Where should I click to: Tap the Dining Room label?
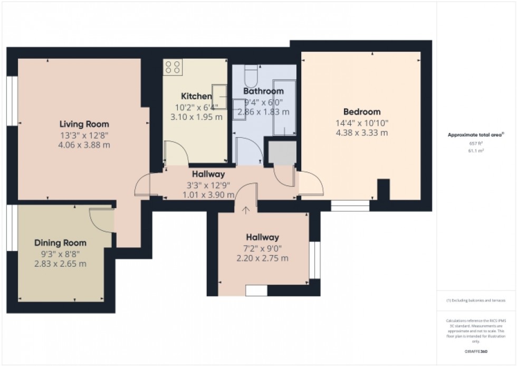click(x=60, y=243)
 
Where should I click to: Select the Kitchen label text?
click(x=196, y=96)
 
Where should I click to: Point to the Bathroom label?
click(x=263, y=91)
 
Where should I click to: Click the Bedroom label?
click(x=362, y=112)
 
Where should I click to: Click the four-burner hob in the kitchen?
click(x=172, y=67)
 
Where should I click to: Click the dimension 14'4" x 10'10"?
click(x=362, y=123)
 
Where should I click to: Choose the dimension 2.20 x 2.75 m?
click(x=262, y=258)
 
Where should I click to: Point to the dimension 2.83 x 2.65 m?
click(x=60, y=264)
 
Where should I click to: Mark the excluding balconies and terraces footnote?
click(x=476, y=300)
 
